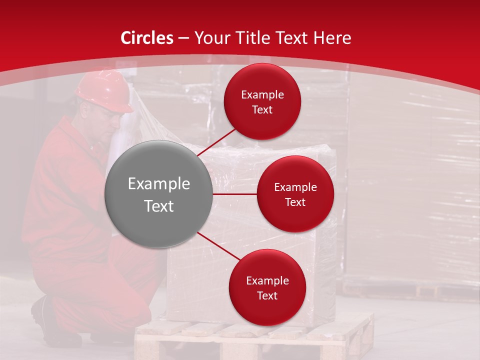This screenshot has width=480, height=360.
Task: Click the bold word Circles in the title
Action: click(x=147, y=38)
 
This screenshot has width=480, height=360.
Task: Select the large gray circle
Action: click(x=159, y=194)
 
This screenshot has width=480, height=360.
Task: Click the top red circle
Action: click(x=262, y=101)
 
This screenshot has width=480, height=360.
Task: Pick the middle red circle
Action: click(x=295, y=194)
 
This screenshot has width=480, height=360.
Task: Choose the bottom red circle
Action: click(x=267, y=287)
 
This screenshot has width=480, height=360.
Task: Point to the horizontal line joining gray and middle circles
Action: click(x=235, y=194)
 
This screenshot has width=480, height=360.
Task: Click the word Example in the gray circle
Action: click(x=159, y=184)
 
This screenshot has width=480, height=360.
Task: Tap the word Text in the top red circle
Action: click(x=262, y=109)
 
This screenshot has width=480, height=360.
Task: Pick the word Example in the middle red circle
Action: click(x=295, y=187)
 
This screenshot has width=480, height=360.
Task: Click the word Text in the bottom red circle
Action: click(x=267, y=295)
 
